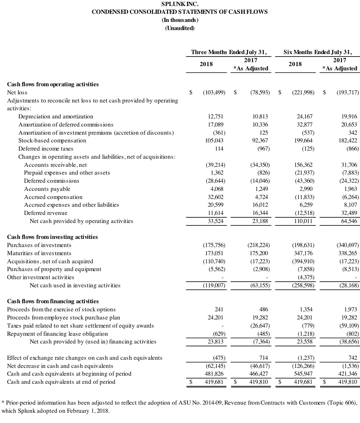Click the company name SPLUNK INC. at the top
point(180,4)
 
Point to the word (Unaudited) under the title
point(180,28)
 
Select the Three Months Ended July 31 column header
point(229,52)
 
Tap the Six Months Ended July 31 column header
point(318,52)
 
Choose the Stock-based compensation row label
point(52,141)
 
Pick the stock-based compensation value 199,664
point(303,141)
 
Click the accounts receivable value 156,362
point(303,165)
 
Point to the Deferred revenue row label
point(46,213)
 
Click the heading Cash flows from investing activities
point(52,237)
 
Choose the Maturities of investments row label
point(39,253)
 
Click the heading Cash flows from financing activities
point(53,301)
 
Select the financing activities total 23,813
point(215,342)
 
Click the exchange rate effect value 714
point(263,358)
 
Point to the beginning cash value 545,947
point(303,374)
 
